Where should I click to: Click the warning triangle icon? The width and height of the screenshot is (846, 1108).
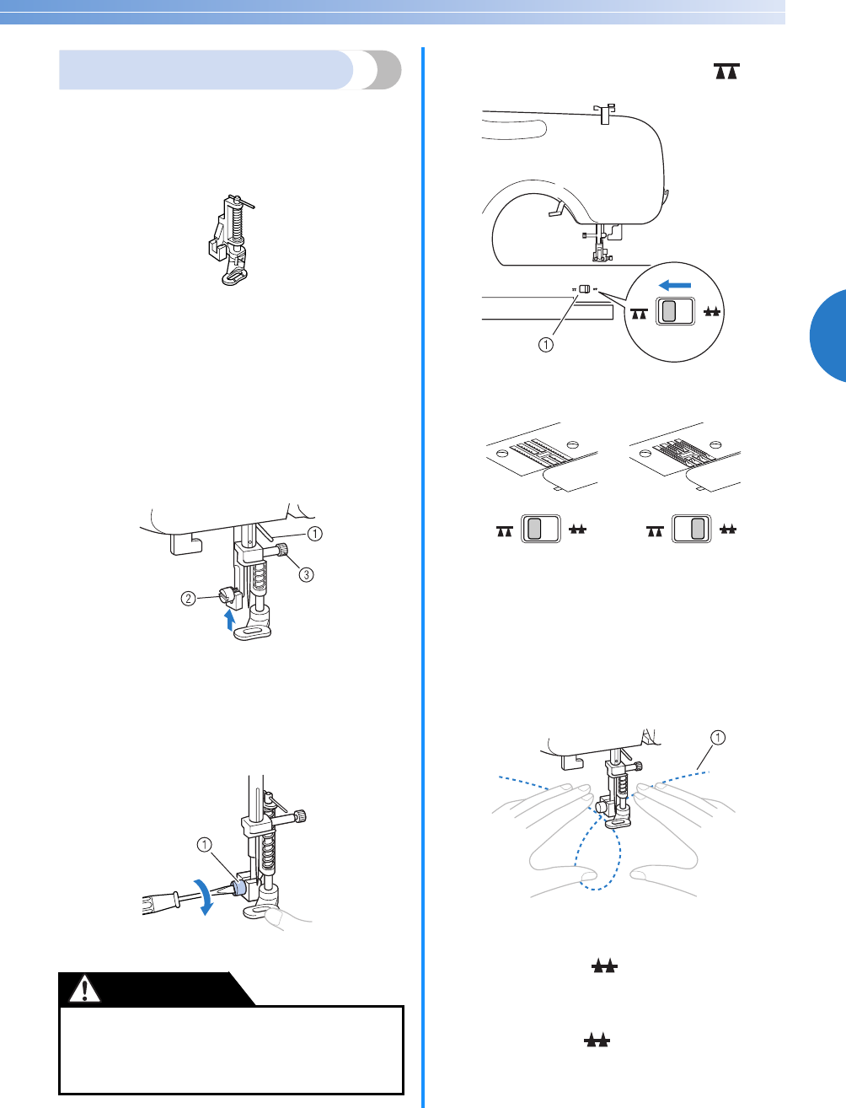(84, 989)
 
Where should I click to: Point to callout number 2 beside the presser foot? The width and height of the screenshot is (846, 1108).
(189, 598)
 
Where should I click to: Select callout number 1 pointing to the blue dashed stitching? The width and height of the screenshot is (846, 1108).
(717, 739)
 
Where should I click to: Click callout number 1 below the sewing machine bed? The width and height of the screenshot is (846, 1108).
(546, 344)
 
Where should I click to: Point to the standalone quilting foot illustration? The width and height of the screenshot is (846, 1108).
(228, 241)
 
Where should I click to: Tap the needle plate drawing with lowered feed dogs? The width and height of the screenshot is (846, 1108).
(542, 460)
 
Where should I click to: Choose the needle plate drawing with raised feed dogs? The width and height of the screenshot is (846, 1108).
(685, 460)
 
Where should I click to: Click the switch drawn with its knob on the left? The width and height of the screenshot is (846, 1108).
(540, 530)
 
